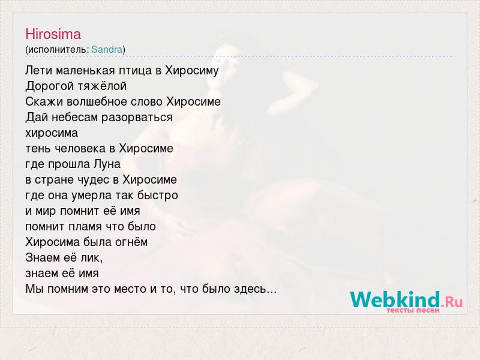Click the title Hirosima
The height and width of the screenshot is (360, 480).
[53, 34]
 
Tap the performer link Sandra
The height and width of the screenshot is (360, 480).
[107, 49]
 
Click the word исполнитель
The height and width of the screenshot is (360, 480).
[58, 49]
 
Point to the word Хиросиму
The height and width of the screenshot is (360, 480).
[192, 71]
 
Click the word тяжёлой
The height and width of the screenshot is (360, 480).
[101, 86]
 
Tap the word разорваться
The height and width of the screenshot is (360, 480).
[137, 118]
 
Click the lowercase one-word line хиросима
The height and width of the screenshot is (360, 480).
[52, 133]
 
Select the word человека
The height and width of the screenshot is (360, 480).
[81, 149]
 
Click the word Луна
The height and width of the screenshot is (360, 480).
[107, 164]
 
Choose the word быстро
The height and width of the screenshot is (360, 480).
[157, 196]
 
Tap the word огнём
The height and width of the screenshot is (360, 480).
[131, 242]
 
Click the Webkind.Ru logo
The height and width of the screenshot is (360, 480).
[406, 300]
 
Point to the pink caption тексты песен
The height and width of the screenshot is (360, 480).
[413, 310]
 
